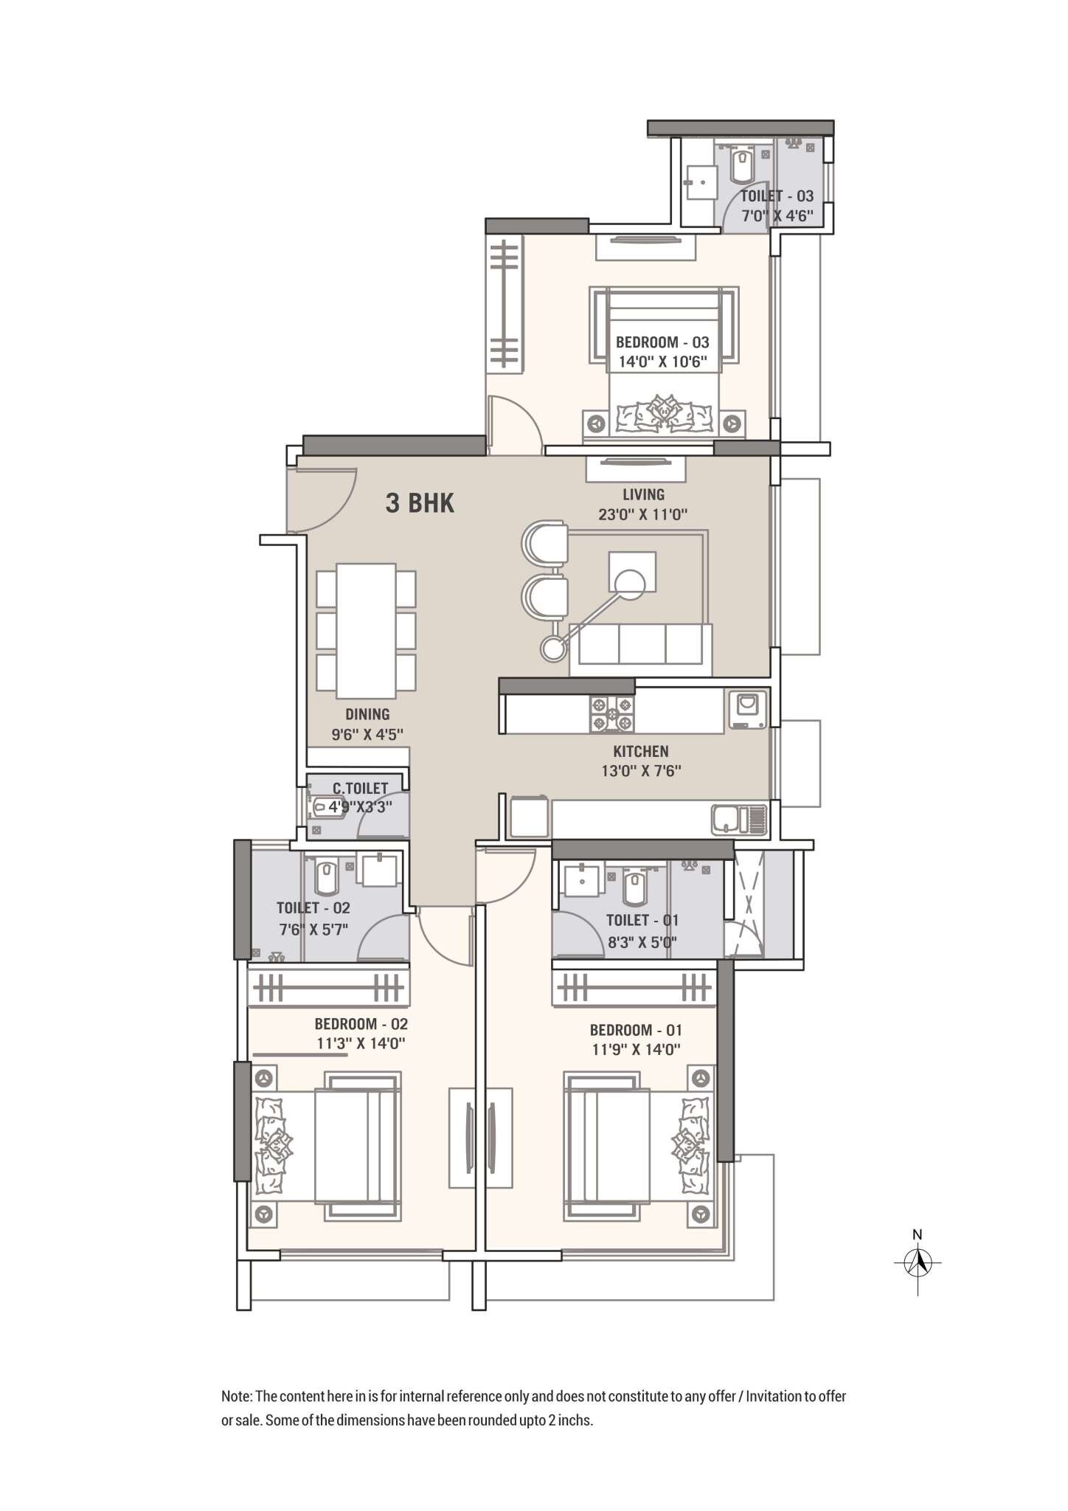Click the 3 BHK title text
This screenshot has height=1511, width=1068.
click(420, 503)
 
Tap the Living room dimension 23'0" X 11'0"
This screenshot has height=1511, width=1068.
click(642, 514)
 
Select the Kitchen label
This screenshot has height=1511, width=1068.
click(640, 751)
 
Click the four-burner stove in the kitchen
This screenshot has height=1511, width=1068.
click(611, 714)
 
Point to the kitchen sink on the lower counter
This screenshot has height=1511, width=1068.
click(727, 819)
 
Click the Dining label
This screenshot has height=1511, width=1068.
click(367, 713)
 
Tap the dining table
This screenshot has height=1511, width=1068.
click(366, 630)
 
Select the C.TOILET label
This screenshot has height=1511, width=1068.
click(360, 789)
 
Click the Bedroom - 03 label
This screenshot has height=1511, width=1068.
click(662, 342)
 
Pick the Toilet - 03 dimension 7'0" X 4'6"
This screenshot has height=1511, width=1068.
click(777, 215)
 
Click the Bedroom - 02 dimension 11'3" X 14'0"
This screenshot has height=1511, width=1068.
click(361, 1043)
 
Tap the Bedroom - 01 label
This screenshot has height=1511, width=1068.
click(635, 1030)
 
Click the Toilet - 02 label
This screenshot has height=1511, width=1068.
click(313, 907)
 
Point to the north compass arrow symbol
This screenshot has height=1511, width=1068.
click(918, 1262)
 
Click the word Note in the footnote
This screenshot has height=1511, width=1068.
click(236, 1397)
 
